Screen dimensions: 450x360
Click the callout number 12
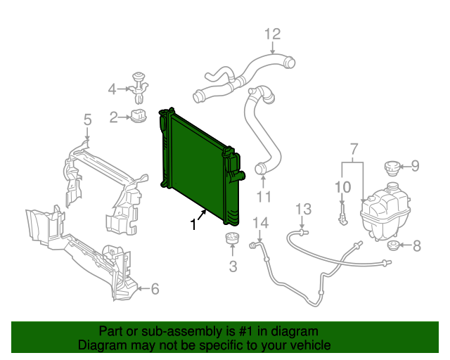click(272, 34)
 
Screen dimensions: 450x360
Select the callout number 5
click(87, 120)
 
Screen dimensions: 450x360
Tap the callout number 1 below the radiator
click(194, 224)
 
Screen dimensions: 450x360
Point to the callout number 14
click(260, 223)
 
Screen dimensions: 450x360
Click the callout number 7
click(354, 149)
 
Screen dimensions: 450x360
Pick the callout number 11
click(264, 197)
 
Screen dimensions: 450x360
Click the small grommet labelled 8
click(392, 245)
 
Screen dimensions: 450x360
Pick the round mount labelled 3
click(232, 238)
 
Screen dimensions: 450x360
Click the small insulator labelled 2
click(139, 115)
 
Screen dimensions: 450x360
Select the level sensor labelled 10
click(343, 214)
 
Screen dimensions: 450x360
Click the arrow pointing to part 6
click(144, 288)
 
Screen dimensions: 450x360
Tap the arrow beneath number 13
click(302, 223)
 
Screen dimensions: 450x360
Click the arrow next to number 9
click(405, 166)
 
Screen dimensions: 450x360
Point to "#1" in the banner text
click(245, 331)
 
